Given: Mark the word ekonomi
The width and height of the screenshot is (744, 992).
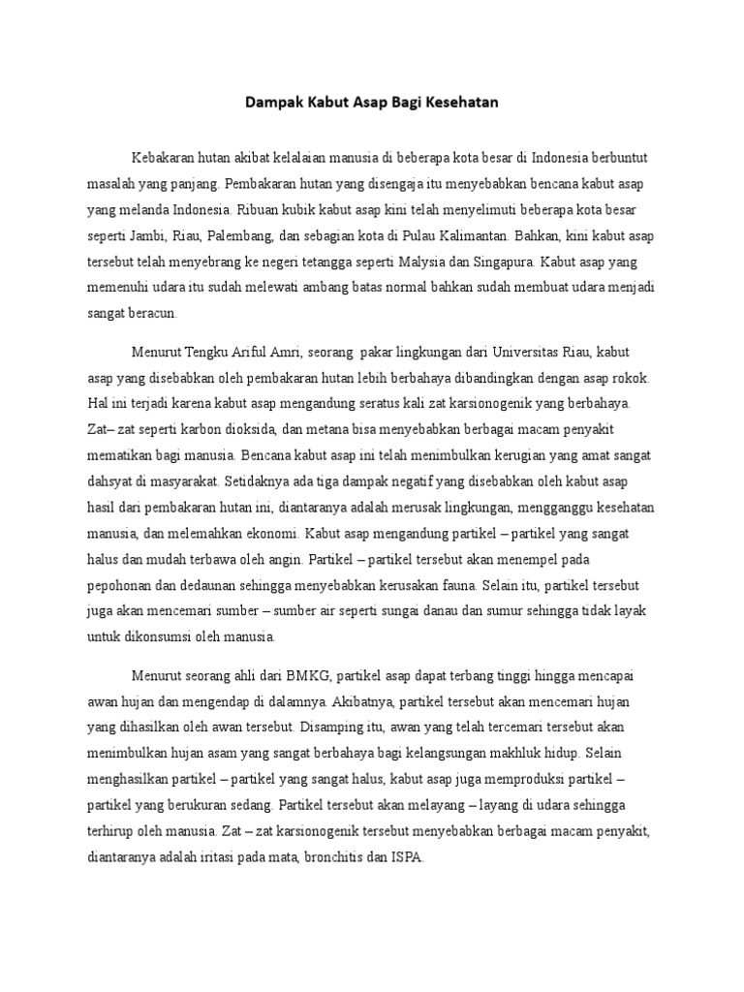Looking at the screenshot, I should coord(278,532).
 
